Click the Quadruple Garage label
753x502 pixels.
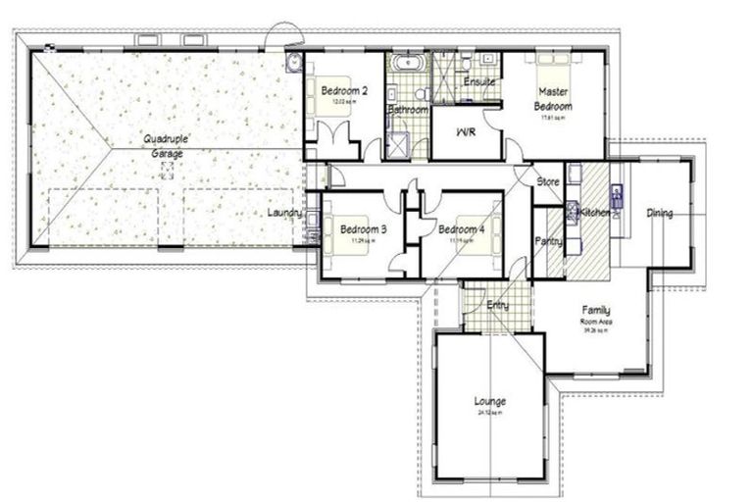(x=167, y=146)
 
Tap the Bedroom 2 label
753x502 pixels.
(x=344, y=91)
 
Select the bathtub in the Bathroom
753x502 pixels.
(x=406, y=66)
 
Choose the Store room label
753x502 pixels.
(x=547, y=181)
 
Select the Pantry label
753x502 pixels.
(x=547, y=241)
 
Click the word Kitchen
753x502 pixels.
(x=595, y=212)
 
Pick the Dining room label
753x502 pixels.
(x=659, y=213)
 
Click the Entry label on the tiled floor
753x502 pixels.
(x=497, y=306)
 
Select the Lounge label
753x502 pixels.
(x=489, y=401)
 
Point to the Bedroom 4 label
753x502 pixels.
(x=461, y=229)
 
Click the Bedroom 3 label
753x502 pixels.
(x=363, y=229)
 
